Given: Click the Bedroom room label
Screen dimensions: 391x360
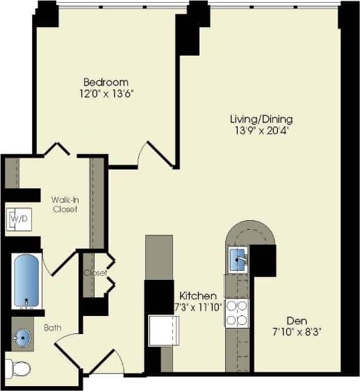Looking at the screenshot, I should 106,82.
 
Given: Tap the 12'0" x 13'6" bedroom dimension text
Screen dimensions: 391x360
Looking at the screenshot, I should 106,93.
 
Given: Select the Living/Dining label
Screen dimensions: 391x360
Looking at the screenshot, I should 261,119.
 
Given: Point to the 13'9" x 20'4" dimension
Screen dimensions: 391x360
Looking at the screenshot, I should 261,130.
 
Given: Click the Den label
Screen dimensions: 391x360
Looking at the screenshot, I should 296,321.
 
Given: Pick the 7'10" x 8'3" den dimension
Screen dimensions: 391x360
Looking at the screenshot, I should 296,332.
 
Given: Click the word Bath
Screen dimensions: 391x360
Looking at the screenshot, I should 54,327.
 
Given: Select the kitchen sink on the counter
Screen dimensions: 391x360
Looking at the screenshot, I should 238,259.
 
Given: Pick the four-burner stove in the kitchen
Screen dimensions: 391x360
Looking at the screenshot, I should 236,313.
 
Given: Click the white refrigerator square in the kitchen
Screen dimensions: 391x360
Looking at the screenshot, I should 165,330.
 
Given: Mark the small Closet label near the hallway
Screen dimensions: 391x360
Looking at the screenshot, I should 96,273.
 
